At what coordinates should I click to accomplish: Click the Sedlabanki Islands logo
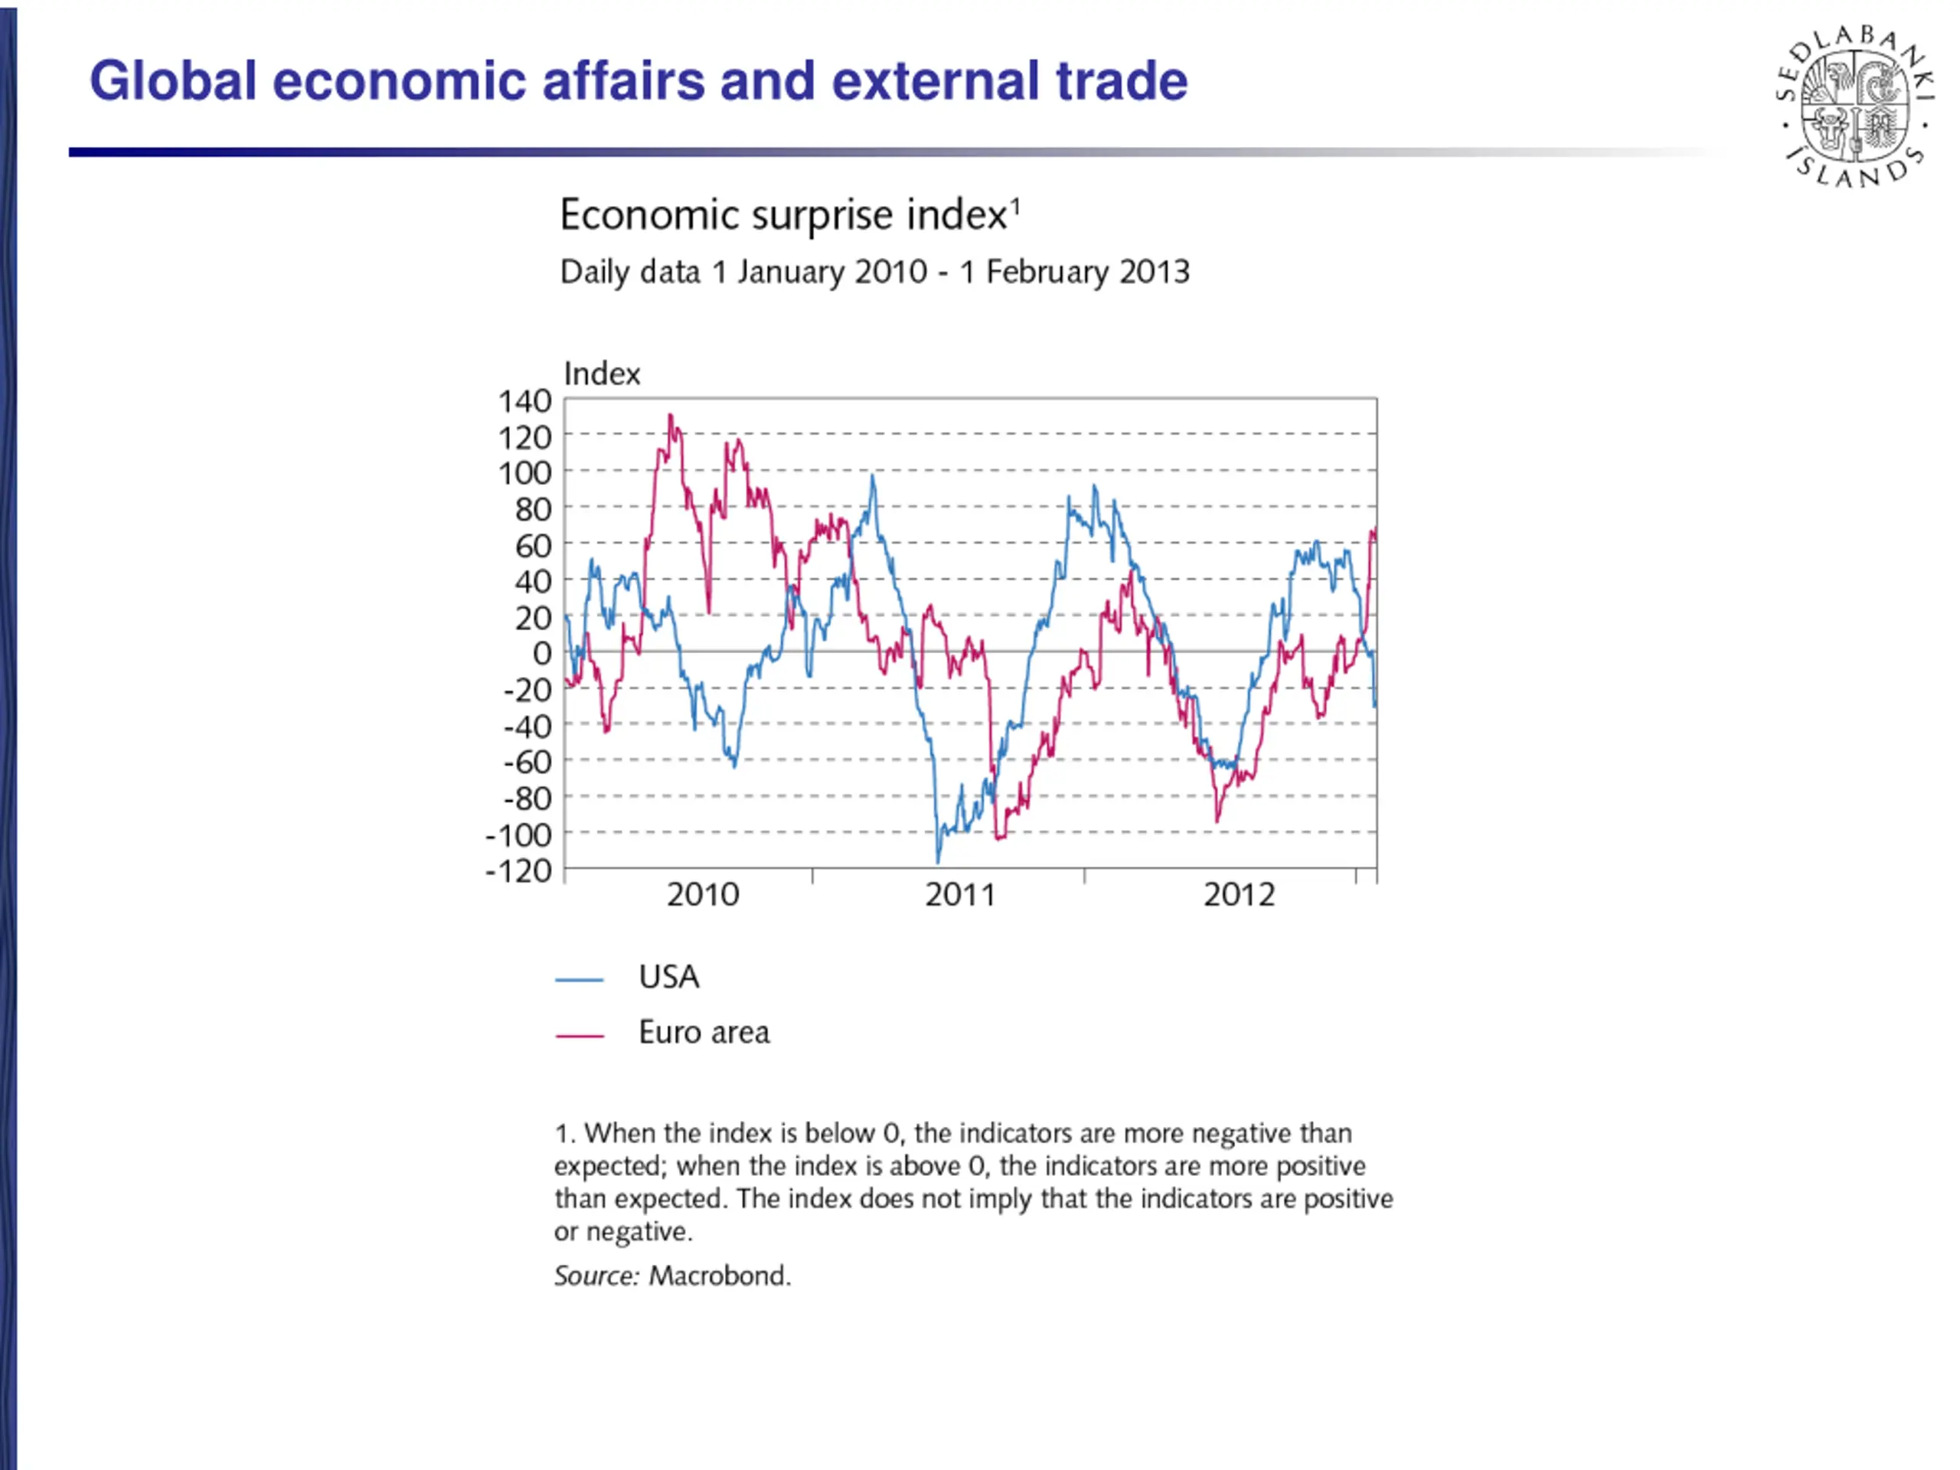pos(1854,107)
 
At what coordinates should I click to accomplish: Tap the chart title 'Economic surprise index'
pos(783,215)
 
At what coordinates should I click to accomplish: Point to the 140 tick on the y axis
pos(524,401)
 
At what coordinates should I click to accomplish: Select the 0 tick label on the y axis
pos(541,654)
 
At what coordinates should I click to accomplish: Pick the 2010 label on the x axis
pos(703,895)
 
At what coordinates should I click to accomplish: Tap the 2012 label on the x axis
pos(1239,895)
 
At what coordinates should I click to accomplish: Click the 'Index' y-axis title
pos(602,374)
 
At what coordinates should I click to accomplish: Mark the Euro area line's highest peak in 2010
pos(670,416)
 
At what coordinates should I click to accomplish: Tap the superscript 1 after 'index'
pos(1015,205)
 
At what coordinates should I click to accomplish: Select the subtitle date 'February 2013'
pos(1087,272)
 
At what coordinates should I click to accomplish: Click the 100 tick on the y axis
pos(524,473)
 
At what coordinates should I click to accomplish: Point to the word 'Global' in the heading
pos(174,81)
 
